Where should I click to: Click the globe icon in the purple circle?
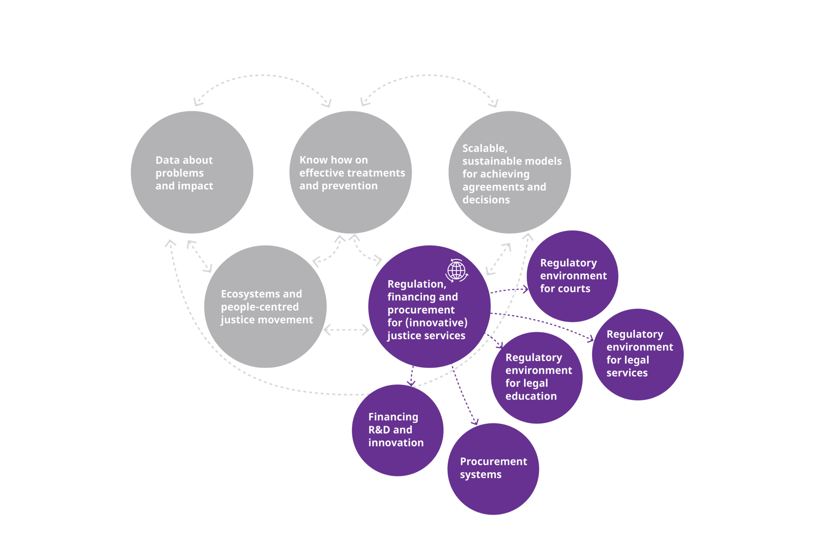457,270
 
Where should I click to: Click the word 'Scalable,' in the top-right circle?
485,148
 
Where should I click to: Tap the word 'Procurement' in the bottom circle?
493,462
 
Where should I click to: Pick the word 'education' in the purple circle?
531,396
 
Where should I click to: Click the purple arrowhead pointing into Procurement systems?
475,422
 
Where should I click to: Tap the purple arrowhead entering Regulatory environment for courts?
526,289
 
